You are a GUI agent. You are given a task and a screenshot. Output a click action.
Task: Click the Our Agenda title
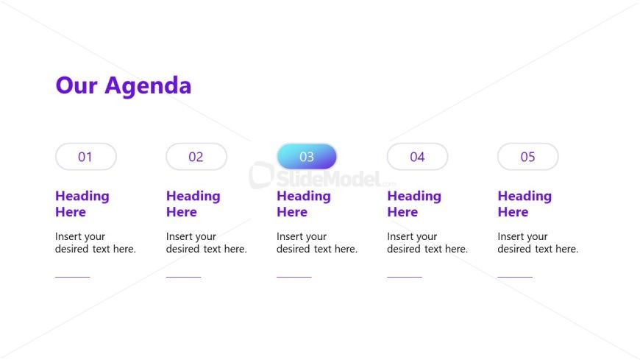coord(124,85)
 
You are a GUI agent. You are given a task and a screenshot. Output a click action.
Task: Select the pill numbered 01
coord(86,157)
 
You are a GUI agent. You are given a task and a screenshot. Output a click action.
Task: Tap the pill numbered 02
coord(196,157)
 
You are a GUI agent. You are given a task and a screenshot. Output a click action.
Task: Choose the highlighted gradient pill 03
coord(307,157)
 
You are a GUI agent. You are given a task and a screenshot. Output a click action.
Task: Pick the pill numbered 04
coord(417,157)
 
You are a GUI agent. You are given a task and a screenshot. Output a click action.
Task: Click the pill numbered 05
coord(527,157)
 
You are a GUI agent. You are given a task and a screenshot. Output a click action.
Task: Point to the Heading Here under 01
coord(82,204)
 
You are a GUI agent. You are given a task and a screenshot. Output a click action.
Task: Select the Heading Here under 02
coord(193,204)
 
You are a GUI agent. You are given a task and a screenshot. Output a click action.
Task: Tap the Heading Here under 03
coord(303,204)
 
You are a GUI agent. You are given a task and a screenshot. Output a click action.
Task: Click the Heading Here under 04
coord(413,204)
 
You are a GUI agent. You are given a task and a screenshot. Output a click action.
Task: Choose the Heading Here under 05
coord(524,204)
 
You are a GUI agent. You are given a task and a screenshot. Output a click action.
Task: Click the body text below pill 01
coord(96,243)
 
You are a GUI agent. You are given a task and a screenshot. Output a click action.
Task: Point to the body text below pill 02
coord(206,243)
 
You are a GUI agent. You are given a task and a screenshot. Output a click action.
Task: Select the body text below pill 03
coord(316,243)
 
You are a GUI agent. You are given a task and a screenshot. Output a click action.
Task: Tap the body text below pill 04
coord(427,243)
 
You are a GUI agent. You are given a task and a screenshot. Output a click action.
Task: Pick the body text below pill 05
coord(538,243)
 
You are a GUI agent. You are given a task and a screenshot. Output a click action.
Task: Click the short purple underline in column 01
coord(72,277)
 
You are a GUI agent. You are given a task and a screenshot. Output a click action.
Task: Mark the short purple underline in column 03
coord(294,277)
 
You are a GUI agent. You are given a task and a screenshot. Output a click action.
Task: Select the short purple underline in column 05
coord(515,277)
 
